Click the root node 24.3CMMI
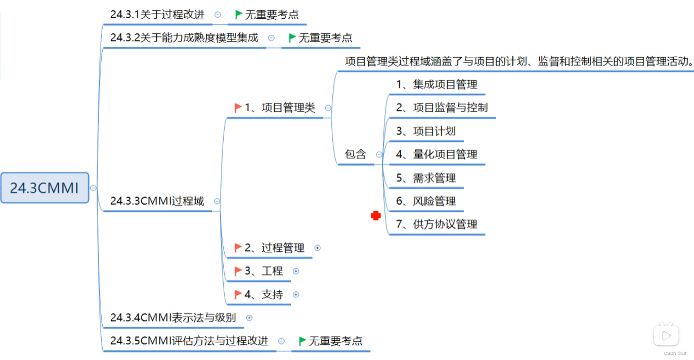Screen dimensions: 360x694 tap(45, 188)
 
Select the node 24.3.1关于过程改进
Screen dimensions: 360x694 tap(157, 15)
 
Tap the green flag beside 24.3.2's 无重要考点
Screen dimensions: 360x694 tap(292, 38)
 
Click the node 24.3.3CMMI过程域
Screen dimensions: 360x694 tap(157, 201)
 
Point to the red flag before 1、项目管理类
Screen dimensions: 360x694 tap(238, 107)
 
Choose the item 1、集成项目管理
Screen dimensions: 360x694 tap(437, 84)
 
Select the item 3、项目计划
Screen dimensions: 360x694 tap(426, 131)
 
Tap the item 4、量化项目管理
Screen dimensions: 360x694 tap(437, 154)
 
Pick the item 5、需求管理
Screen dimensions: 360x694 tap(426, 177)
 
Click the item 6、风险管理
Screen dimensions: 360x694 tap(426, 201)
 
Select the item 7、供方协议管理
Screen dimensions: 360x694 tap(437, 224)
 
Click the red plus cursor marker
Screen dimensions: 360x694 tap(376, 216)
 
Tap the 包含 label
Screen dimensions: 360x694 tap(355, 154)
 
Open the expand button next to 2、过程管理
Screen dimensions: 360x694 tap(318, 248)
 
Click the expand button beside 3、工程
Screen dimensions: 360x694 tap(296, 271)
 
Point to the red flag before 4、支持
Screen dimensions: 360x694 tap(238, 294)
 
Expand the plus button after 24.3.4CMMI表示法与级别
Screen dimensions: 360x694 tap(249, 318)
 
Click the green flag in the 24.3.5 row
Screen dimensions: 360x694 tap(302, 341)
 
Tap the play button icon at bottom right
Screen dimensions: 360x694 tap(666, 335)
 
